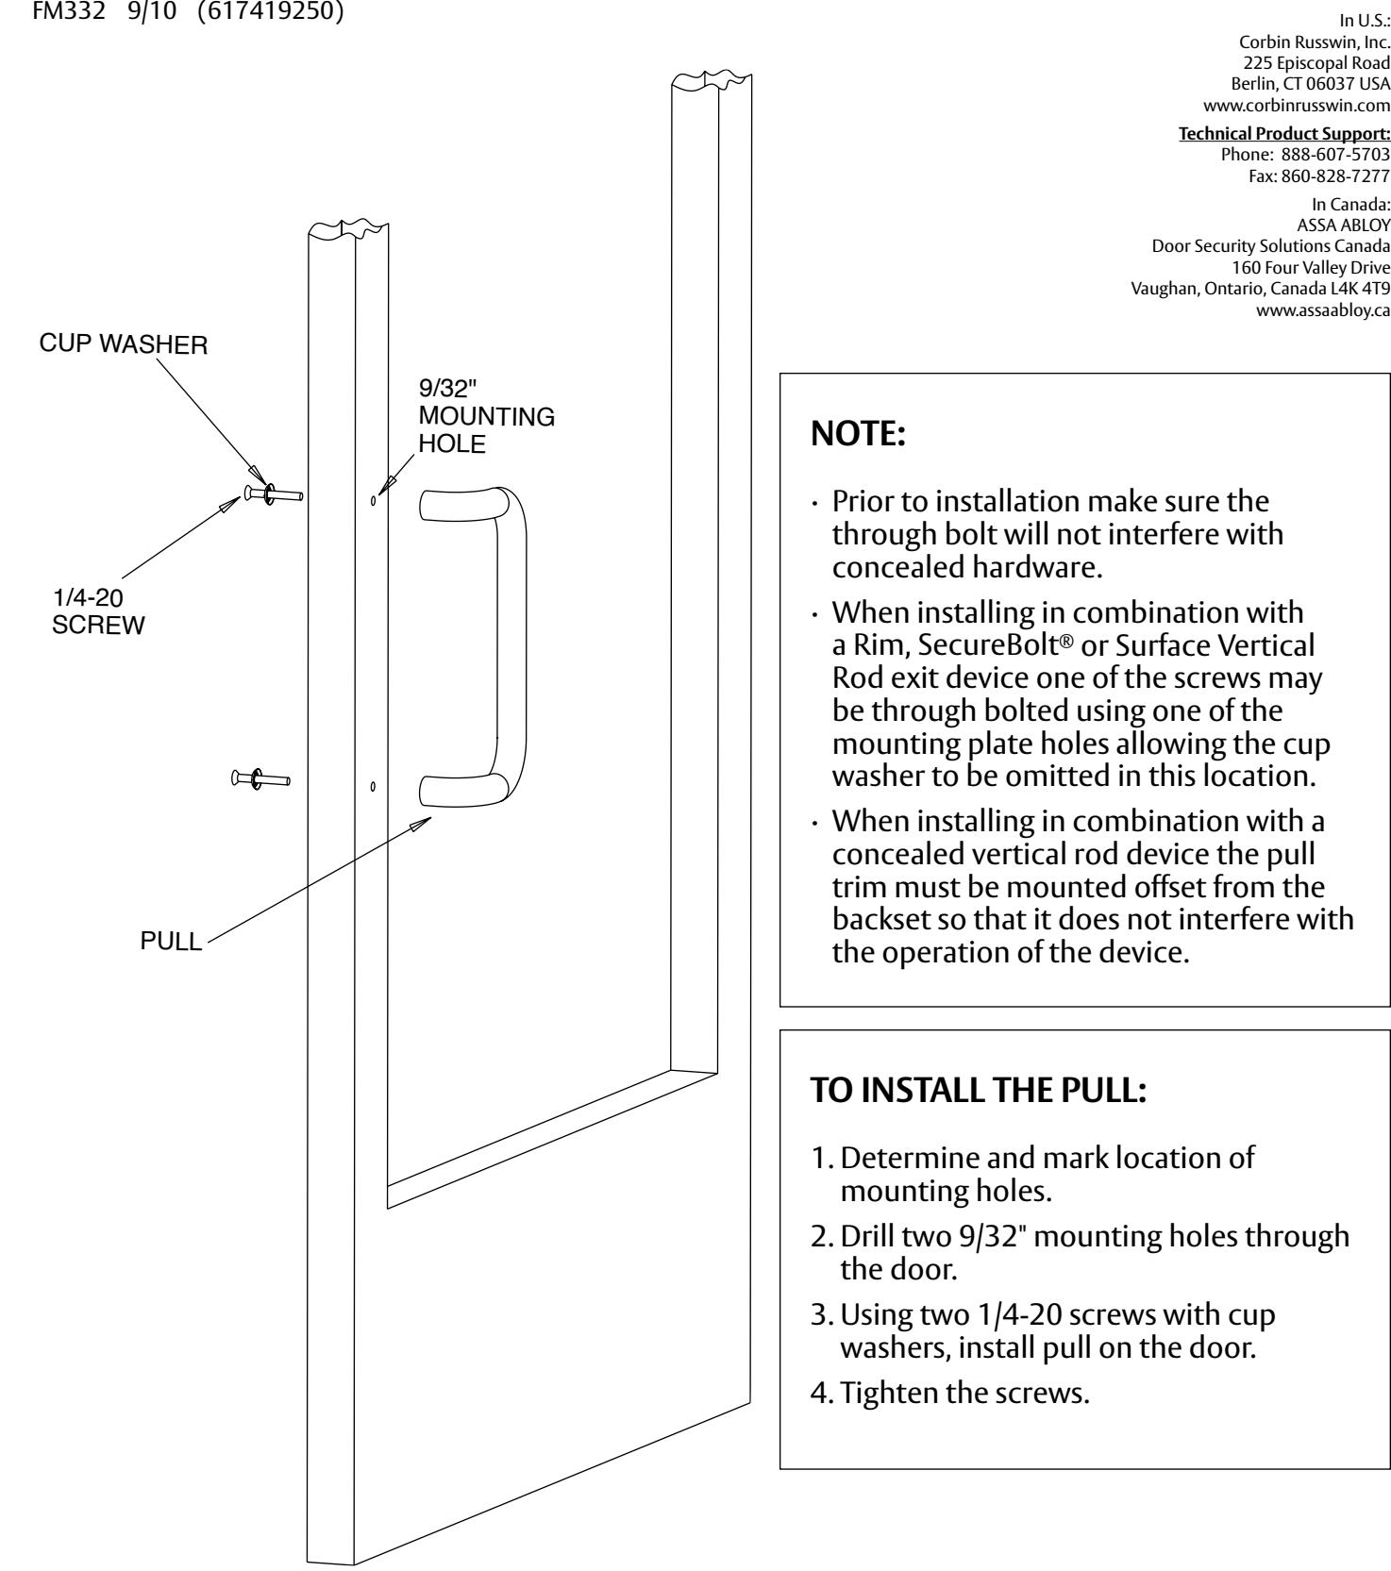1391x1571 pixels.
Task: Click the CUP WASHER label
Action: tap(124, 345)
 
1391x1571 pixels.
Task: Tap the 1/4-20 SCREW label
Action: tap(98, 612)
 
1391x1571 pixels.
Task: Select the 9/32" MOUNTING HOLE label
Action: tap(486, 417)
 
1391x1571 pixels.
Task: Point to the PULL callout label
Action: tap(171, 943)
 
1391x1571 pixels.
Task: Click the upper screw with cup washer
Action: tap(273, 493)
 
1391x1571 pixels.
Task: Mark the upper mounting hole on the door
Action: tap(374, 500)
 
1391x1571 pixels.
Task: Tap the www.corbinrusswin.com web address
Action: tap(1303, 105)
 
